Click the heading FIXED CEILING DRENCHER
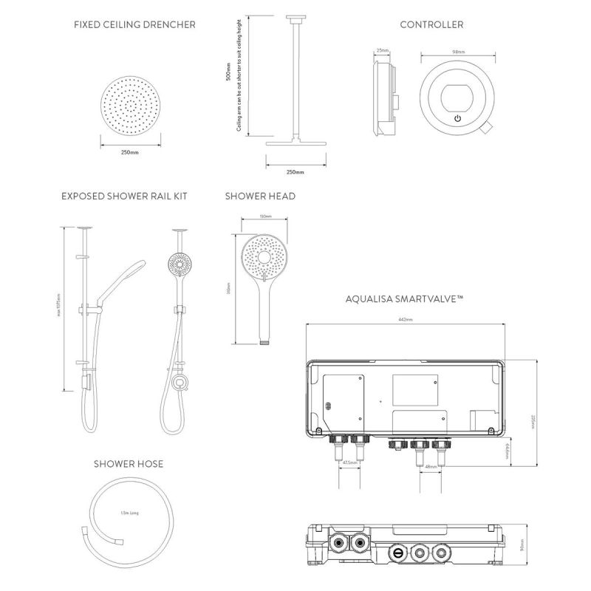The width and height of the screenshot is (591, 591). [134, 24]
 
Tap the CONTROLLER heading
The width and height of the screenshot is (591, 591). [431, 24]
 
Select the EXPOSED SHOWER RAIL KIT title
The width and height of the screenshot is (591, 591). [124, 197]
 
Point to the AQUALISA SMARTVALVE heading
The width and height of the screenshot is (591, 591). [403, 299]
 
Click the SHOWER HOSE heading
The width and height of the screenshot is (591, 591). [129, 464]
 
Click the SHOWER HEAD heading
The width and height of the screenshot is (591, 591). [260, 197]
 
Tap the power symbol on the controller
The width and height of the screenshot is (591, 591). [458, 118]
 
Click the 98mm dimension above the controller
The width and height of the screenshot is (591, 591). [458, 52]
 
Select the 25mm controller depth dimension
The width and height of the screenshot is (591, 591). [382, 51]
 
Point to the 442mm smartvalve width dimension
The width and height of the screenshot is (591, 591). [406, 320]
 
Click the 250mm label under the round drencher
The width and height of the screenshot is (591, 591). [129, 152]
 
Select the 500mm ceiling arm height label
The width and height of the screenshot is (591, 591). [228, 74]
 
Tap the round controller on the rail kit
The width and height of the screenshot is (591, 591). [180, 382]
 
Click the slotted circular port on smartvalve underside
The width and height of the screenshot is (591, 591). [397, 551]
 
